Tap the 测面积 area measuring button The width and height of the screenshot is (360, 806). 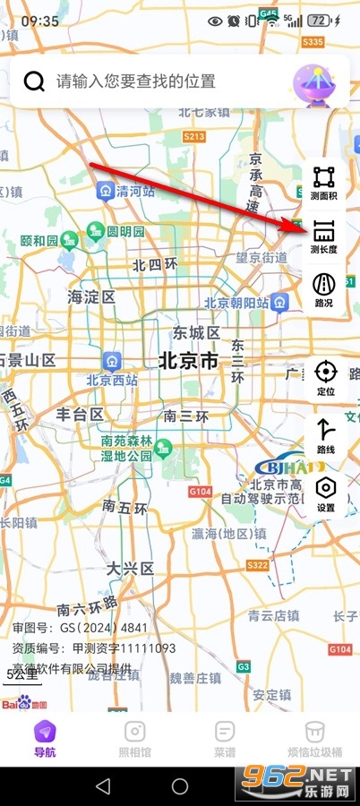coord(323,183)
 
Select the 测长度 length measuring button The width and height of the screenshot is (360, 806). coord(323,237)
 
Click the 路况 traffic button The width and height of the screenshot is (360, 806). coord(323,290)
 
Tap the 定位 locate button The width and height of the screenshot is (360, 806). coord(325,378)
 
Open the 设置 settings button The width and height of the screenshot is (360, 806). coord(325,493)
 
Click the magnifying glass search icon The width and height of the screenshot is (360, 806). coord(34,81)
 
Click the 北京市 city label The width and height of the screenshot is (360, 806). coord(188,361)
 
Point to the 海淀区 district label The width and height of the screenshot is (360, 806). coord(92,296)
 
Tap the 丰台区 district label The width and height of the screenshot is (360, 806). coord(80,414)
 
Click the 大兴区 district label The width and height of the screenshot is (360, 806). coord(130,569)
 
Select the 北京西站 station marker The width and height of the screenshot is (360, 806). coord(111,360)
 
